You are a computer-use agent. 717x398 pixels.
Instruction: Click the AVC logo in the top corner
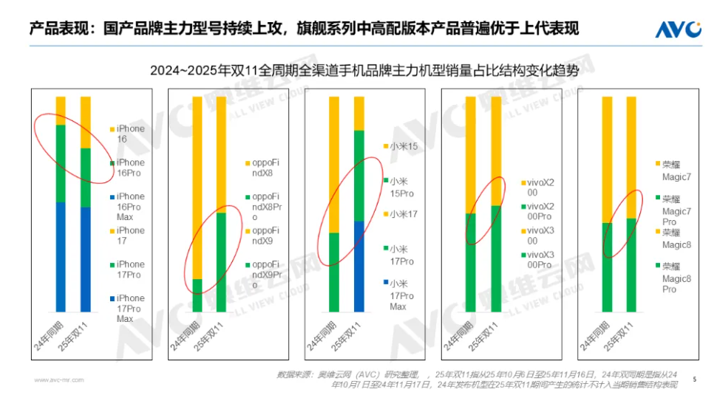(677, 29)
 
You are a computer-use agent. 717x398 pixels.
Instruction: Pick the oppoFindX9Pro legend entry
(265, 275)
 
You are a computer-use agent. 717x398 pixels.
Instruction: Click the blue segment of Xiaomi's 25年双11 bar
(359, 266)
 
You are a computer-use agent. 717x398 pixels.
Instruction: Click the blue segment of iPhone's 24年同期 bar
(61, 256)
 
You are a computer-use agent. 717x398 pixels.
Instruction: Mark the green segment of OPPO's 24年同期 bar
(197, 295)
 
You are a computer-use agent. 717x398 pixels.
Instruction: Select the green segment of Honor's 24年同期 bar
(608, 267)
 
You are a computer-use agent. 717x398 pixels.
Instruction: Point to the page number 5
(694, 379)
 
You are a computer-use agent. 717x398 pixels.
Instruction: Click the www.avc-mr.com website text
(58, 380)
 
